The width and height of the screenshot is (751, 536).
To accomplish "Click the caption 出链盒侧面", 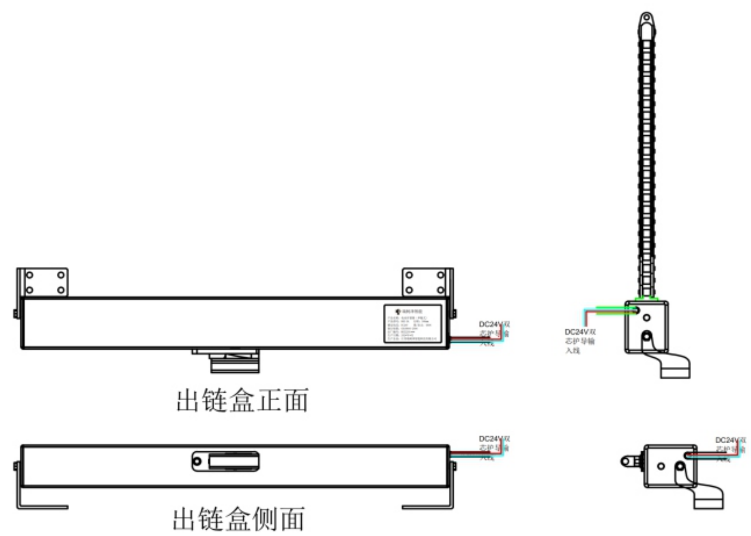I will tap(239, 519).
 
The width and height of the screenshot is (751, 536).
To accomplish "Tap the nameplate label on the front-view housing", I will tap(412, 323).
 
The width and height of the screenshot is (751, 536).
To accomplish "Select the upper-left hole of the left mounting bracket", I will tap(30, 275).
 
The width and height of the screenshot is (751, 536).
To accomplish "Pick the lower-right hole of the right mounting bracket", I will tap(440, 290).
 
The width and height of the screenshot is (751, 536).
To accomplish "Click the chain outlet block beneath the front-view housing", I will tap(235, 362).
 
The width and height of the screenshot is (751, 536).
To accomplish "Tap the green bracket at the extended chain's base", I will tap(646, 298).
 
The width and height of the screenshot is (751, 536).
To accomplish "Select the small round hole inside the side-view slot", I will tap(197, 462).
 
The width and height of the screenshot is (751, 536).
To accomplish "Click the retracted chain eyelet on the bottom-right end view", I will tap(625, 462).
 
